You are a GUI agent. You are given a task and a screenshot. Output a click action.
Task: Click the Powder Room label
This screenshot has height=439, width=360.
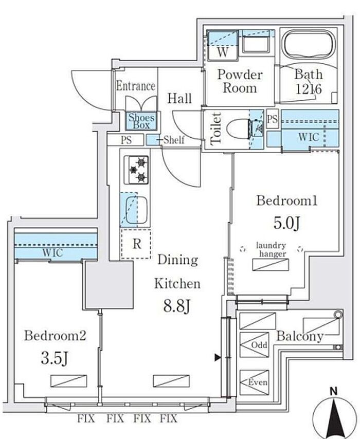point(239,81)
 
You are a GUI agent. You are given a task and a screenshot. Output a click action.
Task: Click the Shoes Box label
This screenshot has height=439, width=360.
point(141,121)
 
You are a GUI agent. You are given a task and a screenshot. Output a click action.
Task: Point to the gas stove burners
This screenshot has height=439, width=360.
point(136,170)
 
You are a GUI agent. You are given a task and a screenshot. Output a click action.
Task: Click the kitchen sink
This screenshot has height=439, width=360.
point(136,210)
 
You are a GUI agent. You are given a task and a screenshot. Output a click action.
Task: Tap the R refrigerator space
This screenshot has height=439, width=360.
point(136,244)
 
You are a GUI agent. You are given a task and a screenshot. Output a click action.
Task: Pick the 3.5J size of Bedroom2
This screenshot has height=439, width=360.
point(55,357)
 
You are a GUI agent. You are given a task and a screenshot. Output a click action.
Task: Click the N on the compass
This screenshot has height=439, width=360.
point(334,391)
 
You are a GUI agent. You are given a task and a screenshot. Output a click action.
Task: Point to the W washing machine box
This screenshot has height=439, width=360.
point(222,52)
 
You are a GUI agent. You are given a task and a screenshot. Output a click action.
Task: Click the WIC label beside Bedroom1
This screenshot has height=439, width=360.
point(309,137)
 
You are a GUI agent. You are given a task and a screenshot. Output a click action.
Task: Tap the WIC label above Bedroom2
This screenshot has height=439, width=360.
point(54,252)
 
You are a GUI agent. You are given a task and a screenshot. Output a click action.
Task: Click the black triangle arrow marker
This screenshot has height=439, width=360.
point(218,357)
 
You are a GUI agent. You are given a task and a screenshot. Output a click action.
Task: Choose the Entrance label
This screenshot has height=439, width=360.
point(135,85)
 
